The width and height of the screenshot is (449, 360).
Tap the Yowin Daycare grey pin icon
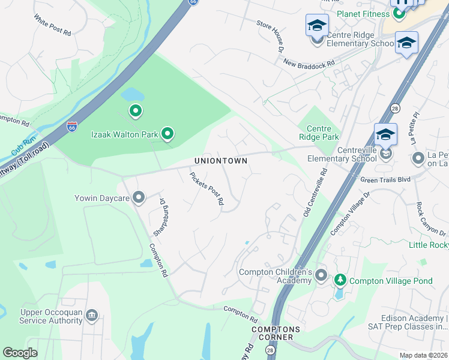click(x=139, y=197)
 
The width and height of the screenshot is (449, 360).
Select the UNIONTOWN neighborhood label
click(x=221, y=161)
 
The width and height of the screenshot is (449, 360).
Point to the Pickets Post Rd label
click(x=207, y=190)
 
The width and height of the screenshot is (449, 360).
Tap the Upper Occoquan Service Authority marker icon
click(x=91, y=315)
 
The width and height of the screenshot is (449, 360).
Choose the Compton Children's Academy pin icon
click(x=321, y=276)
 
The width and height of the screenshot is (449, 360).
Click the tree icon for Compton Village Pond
click(x=340, y=280)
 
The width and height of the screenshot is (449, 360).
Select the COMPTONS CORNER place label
click(x=272, y=333)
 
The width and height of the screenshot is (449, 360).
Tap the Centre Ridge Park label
click(x=324, y=133)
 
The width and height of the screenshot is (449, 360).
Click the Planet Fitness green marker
click(x=399, y=13)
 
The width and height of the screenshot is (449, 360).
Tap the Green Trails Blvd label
click(x=384, y=179)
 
